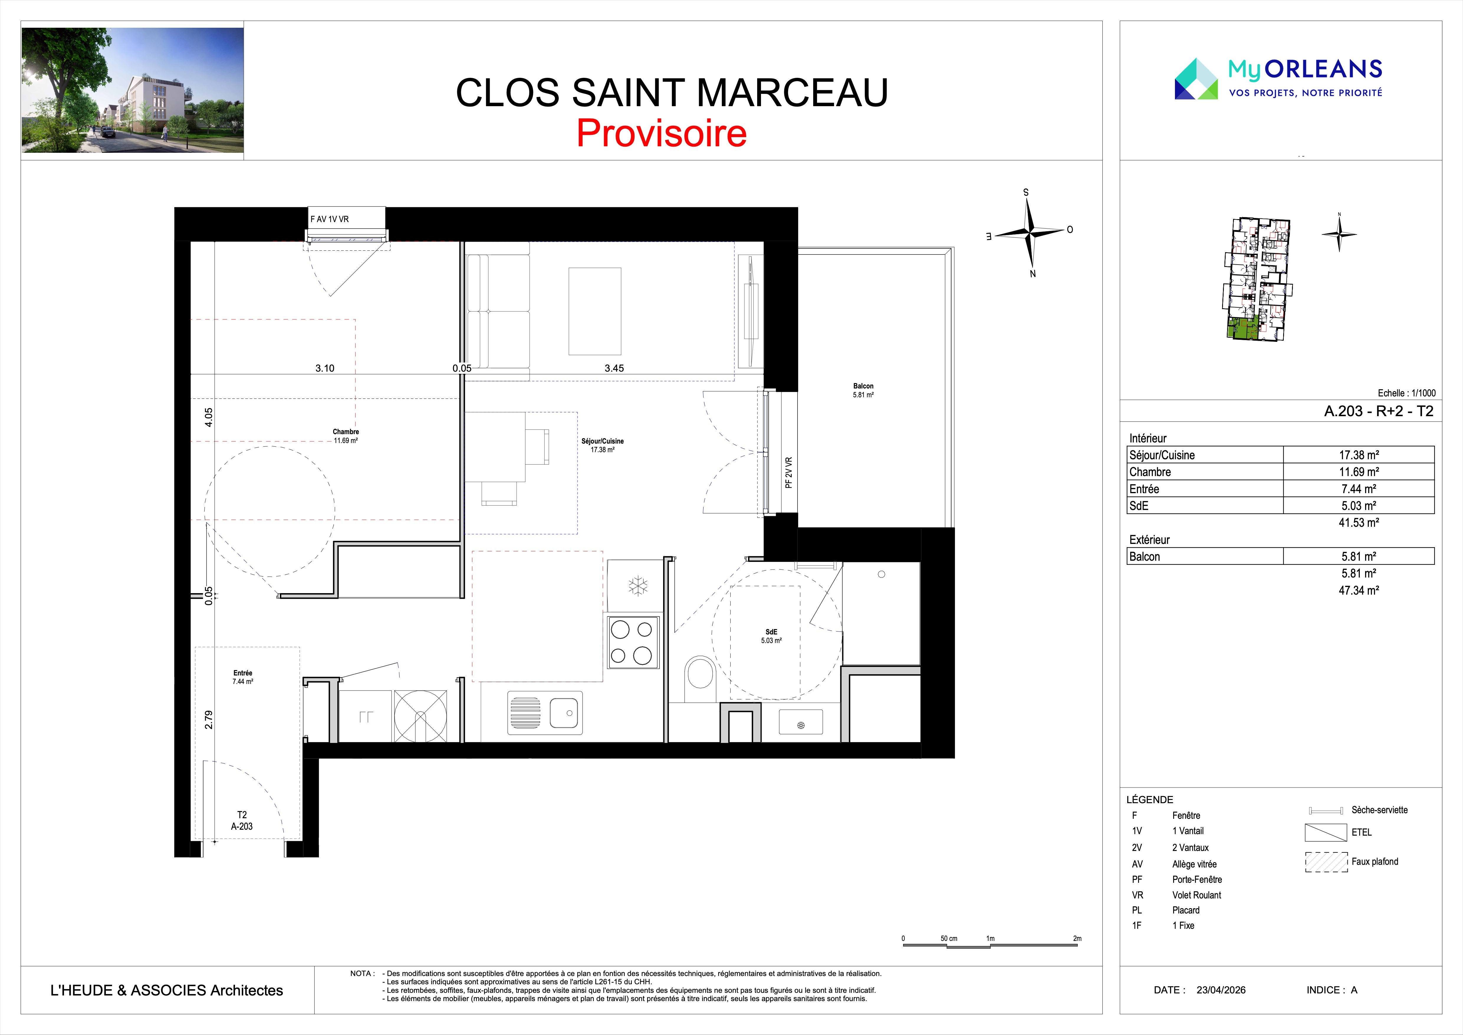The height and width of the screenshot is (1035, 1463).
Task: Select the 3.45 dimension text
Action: coord(614,368)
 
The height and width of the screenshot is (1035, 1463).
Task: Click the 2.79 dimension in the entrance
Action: coord(208,719)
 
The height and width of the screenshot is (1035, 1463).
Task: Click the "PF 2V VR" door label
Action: coord(789,472)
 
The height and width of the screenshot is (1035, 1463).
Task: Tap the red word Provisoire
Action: coord(661,133)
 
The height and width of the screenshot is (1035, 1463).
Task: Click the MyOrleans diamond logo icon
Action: coord(1196,79)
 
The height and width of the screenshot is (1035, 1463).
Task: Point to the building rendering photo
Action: coord(133,90)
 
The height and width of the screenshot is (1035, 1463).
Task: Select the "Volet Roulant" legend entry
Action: coord(1197,895)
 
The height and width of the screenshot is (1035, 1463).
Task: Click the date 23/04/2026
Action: coord(1221,990)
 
